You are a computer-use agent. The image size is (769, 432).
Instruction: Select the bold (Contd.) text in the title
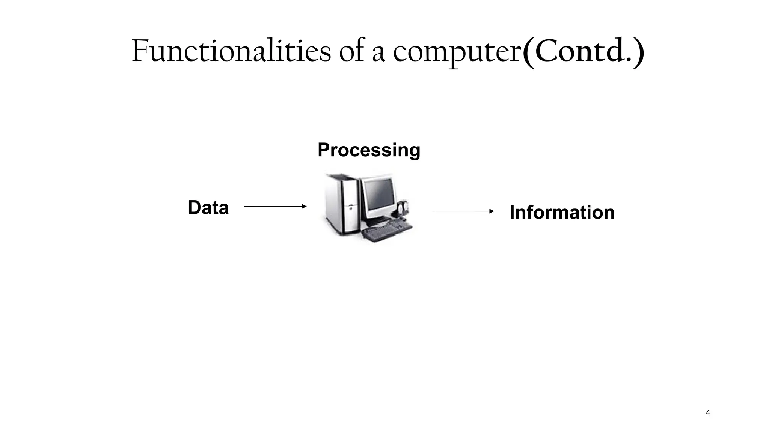tap(583, 52)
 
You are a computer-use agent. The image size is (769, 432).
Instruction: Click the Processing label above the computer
tap(369, 150)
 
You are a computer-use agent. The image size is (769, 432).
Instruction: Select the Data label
tap(208, 208)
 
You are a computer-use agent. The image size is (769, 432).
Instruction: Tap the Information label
tap(562, 213)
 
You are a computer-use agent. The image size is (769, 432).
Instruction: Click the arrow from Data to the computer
tap(275, 206)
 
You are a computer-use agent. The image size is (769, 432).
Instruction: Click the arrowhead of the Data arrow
tap(305, 206)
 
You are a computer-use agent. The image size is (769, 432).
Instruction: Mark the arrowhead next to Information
tap(492, 211)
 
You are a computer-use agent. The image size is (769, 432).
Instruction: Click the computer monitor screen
tap(378, 196)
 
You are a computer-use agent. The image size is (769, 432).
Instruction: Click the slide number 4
tap(708, 413)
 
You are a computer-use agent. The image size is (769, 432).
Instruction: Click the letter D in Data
tap(195, 208)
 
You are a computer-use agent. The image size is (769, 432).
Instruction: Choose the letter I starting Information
tap(513, 213)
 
